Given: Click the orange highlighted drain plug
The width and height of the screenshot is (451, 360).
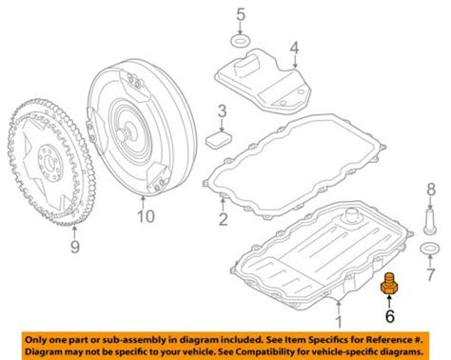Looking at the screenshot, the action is (389, 284).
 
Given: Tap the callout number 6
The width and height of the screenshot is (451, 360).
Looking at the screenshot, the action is (389, 315).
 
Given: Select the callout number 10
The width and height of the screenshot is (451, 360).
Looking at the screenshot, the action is (146, 216).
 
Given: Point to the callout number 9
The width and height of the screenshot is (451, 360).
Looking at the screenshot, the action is (75, 247).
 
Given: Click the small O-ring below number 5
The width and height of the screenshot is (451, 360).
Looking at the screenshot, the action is (241, 42).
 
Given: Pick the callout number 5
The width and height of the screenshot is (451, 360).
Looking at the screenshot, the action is (241, 14).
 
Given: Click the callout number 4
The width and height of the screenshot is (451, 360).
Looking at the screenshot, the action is (295, 49).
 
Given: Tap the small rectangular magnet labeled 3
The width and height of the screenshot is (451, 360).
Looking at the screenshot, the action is (219, 140).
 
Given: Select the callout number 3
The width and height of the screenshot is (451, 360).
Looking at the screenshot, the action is (222, 111).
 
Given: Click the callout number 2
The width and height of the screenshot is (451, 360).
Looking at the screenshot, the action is (224, 219).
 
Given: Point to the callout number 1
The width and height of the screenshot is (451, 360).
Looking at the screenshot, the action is (339, 321).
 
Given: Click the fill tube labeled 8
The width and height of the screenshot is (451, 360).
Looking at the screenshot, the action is (430, 221).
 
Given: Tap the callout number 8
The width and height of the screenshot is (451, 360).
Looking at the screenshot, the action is (431, 190).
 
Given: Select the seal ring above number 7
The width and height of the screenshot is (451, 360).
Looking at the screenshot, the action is (430, 250).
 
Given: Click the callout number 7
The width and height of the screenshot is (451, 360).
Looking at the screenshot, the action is (430, 273).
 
